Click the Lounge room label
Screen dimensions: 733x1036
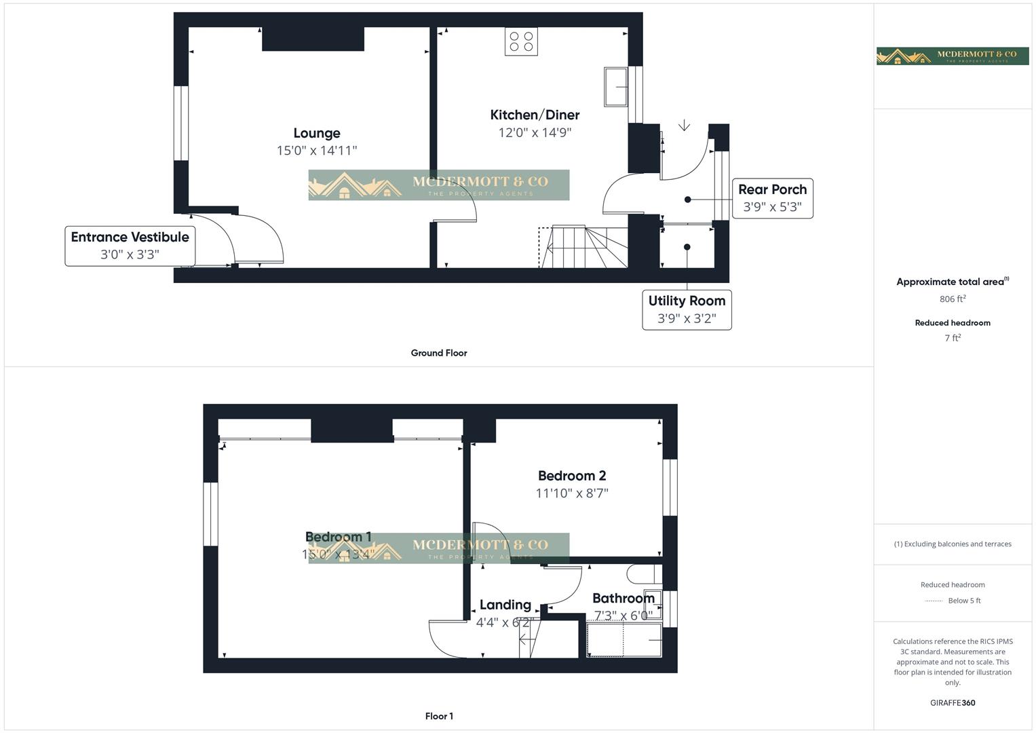click(x=317, y=133)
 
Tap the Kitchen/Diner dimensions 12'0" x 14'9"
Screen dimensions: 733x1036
click(x=535, y=132)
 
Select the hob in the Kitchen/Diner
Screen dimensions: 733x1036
click(x=521, y=41)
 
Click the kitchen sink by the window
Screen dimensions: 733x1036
click(x=616, y=86)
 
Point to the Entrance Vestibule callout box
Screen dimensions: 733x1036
click(x=130, y=246)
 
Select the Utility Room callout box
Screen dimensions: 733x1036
click(x=687, y=309)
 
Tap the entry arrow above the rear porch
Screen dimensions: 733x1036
click(x=684, y=126)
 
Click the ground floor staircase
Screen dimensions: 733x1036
click(x=583, y=247)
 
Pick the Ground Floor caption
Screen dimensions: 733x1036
click(x=439, y=353)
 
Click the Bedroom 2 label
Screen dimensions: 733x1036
click(x=572, y=476)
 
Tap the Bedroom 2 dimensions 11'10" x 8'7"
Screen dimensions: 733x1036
click(x=572, y=493)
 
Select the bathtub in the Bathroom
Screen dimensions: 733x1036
click(x=623, y=640)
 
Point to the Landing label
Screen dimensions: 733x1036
click(x=505, y=605)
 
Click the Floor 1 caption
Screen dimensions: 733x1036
click(x=439, y=716)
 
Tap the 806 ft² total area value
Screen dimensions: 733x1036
click(x=953, y=299)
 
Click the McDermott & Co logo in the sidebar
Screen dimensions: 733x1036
click(x=953, y=56)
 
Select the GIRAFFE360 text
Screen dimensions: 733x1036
click(x=953, y=703)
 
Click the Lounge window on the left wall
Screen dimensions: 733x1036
click(x=180, y=123)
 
